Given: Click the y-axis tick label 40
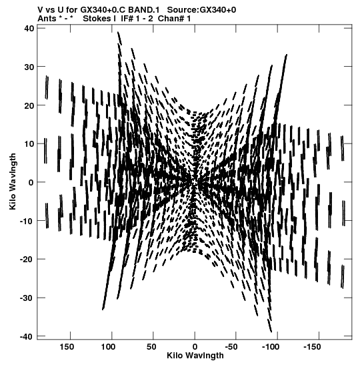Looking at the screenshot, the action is (29, 29).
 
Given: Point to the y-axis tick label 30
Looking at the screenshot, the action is (29, 67).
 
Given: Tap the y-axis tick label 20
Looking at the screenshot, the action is (29, 105).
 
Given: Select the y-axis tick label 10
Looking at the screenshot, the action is (29, 144).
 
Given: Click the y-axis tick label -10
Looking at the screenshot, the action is (27, 221).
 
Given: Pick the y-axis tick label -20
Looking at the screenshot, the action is (27, 260).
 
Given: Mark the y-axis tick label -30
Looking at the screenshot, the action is (27, 298).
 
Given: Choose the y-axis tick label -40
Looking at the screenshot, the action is (27, 336).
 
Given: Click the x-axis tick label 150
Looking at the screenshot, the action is (67, 347).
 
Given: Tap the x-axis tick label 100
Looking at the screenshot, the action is (108, 347).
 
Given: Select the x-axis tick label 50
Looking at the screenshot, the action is (151, 347).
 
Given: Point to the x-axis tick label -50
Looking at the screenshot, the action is (231, 347).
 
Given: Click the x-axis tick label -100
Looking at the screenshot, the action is (271, 347).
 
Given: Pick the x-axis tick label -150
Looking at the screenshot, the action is (312, 347).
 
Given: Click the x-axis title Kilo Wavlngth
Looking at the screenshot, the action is (195, 356).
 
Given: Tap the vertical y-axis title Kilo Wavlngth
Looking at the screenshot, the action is (13, 181).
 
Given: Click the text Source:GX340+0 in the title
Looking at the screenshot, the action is (201, 10).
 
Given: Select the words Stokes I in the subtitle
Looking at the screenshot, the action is (99, 19).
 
